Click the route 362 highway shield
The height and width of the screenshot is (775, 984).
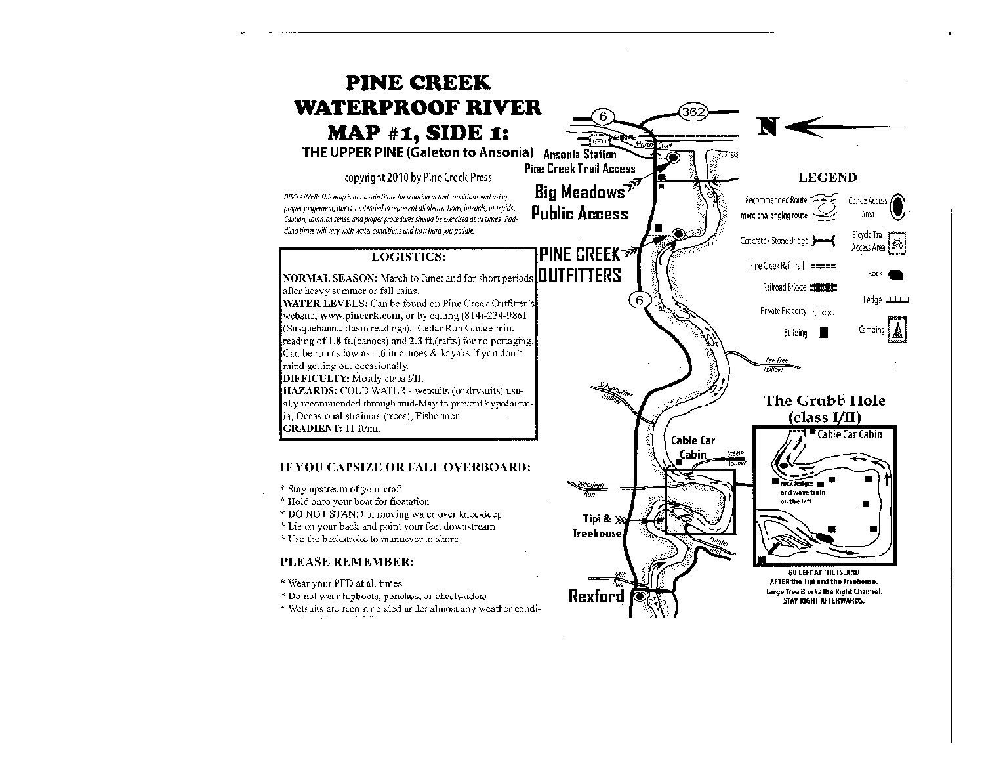[x=693, y=112]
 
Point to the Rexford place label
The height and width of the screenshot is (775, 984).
[x=596, y=596]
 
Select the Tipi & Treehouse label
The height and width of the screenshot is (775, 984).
[x=596, y=526]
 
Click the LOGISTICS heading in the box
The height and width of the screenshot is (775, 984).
[x=408, y=257]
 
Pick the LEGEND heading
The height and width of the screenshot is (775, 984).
[x=827, y=177]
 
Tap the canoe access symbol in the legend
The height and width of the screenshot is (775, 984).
[x=899, y=207]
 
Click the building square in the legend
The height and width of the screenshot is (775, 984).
[x=824, y=333]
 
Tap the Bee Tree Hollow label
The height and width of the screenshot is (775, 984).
[x=775, y=364]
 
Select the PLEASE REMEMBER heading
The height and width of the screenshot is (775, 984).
[x=346, y=562]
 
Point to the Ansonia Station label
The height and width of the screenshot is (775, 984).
[x=580, y=155]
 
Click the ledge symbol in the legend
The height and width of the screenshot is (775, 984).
[x=897, y=301]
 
